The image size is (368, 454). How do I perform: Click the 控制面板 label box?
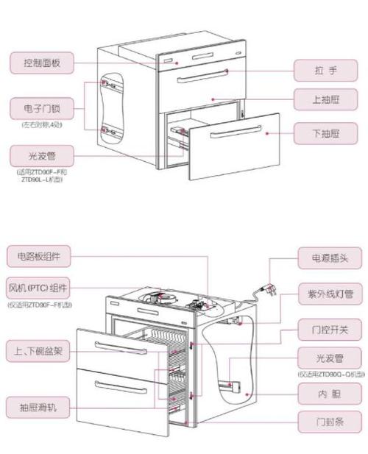[40, 63]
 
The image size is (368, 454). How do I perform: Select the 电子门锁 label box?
[40, 109]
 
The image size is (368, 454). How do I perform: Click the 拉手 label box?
[325, 71]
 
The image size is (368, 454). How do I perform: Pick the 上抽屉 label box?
[325, 99]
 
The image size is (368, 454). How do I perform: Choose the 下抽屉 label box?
[325, 133]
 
